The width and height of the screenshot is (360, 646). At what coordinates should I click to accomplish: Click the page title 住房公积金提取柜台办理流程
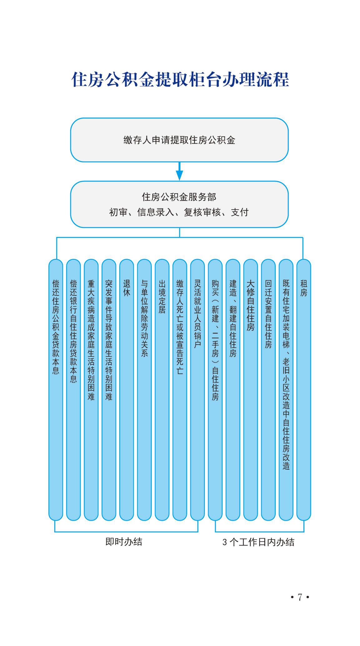(180, 79)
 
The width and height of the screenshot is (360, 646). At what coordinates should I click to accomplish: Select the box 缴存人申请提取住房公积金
(179, 140)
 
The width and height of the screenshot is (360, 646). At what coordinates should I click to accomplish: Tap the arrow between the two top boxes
(180, 171)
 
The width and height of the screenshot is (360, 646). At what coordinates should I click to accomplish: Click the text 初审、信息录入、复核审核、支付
(179, 212)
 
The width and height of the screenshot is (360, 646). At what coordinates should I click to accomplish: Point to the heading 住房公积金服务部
(179, 197)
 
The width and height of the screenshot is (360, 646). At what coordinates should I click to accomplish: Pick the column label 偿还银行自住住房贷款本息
(73, 331)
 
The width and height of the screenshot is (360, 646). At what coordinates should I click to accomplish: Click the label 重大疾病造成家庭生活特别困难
(91, 340)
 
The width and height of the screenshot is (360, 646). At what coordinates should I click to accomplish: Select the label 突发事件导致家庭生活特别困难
(109, 340)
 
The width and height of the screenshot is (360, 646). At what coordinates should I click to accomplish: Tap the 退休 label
(126, 288)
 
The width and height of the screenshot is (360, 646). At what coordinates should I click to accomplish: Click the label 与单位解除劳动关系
(144, 318)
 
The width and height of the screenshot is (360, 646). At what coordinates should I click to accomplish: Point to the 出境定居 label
(162, 296)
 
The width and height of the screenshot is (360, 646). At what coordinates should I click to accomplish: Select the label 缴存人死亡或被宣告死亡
(180, 327)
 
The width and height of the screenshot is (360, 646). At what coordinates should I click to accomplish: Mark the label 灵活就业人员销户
(197, 314)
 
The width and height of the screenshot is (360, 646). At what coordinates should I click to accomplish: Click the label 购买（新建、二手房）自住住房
(215, 340)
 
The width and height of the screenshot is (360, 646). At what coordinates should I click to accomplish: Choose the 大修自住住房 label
(250, 305)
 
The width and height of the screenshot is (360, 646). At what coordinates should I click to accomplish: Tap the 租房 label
(303, 288)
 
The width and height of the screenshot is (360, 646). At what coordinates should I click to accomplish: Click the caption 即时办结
(124, 542)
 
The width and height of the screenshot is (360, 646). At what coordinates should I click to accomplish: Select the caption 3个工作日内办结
(258, 542)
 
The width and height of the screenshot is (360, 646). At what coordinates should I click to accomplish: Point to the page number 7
(300, 597)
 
